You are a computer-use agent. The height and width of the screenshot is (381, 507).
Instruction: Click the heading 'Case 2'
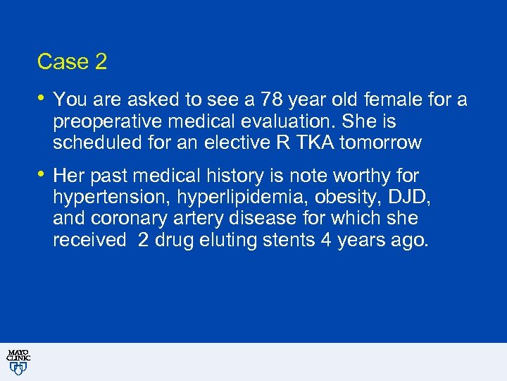[72, 62]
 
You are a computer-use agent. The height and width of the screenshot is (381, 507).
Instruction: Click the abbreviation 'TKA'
[311, 143]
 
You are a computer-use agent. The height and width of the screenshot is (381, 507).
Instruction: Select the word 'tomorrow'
[380, 143]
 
